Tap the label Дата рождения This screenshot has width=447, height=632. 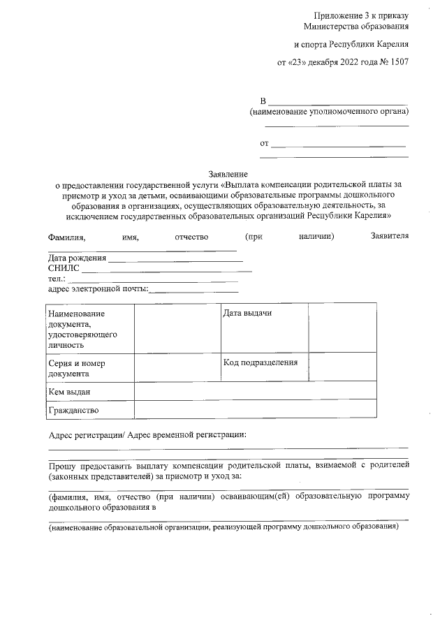coord(77,258)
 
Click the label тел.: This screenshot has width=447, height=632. coord(57,279)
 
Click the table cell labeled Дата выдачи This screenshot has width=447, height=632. coord(247,313)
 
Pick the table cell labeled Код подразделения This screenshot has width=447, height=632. coord(261,362)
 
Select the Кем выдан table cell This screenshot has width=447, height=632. coord(69,392)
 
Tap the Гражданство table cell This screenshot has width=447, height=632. coord(73,409)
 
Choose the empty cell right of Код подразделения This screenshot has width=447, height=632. coord(342,367)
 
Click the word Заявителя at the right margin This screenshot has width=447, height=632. coord(389,237)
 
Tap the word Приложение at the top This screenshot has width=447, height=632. coord(339,15)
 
